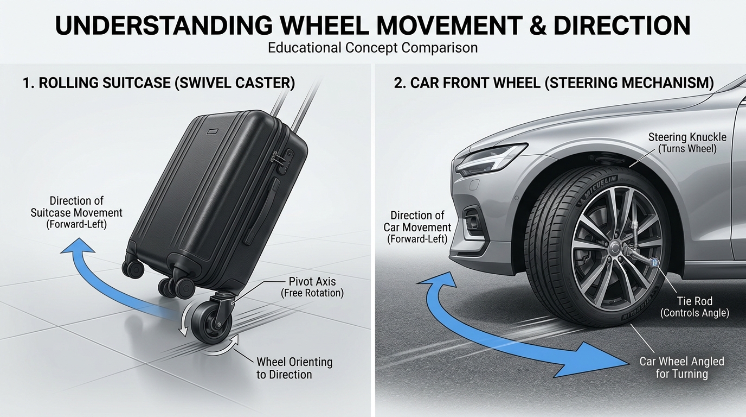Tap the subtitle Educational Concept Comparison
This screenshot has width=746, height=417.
coord(372,48)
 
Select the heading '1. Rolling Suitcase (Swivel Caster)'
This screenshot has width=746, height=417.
coord(159,83)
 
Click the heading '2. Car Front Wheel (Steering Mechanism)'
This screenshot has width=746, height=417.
coord(554,83)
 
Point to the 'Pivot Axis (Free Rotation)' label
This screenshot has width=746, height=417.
coord(312,287)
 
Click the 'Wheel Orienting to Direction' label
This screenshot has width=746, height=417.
coord(294,368)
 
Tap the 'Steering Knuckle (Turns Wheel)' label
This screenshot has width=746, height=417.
coord(687,143)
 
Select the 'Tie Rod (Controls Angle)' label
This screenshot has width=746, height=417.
coord(694,307)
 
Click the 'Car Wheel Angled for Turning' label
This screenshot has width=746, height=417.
coord(681,368)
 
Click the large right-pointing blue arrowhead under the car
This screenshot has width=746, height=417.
coord(603,359)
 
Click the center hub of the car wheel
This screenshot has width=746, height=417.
coord(615,248)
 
